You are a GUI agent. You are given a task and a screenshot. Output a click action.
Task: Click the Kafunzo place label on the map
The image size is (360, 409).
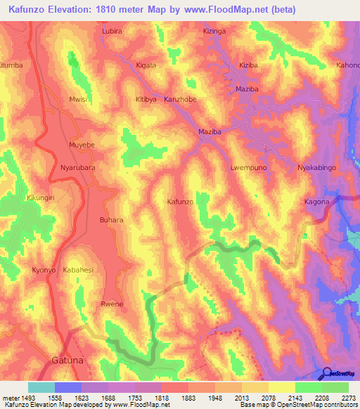[180, 202]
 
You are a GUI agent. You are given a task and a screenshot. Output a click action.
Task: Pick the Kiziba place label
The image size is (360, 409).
[249, 65]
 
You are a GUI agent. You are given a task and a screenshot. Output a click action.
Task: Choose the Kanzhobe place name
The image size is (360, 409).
[180, 100]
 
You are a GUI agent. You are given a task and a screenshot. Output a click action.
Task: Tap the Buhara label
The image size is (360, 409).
[112, 220]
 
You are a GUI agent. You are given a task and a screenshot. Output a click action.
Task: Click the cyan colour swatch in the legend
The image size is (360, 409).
[41, 387]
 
